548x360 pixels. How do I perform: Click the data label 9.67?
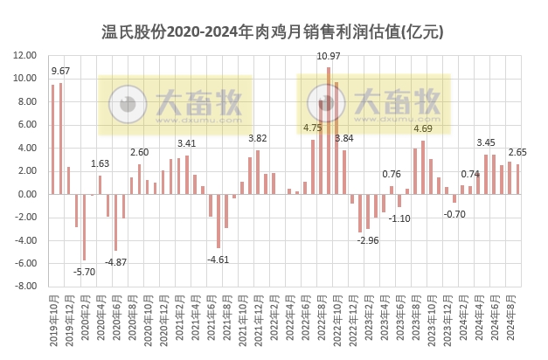[61, 71]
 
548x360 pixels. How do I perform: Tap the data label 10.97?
[328, 57]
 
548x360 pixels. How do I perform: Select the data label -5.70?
[85, 272]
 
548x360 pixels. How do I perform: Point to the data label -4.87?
[116, 262]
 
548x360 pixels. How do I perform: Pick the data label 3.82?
[258, 138]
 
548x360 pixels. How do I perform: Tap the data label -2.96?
[368, 239]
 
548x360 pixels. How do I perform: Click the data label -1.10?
[400, 218]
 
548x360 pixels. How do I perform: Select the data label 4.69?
[423, 128]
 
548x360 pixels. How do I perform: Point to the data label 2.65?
[517, 152]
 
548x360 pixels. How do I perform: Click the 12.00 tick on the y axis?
[23, 55]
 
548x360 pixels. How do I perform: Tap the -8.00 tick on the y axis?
[23, 286]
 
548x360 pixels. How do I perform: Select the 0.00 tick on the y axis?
[25, 193]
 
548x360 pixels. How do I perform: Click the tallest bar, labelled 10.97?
[329, 130]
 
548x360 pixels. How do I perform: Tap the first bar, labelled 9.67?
[52, 139]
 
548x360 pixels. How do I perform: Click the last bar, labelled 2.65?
[517, 178]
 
